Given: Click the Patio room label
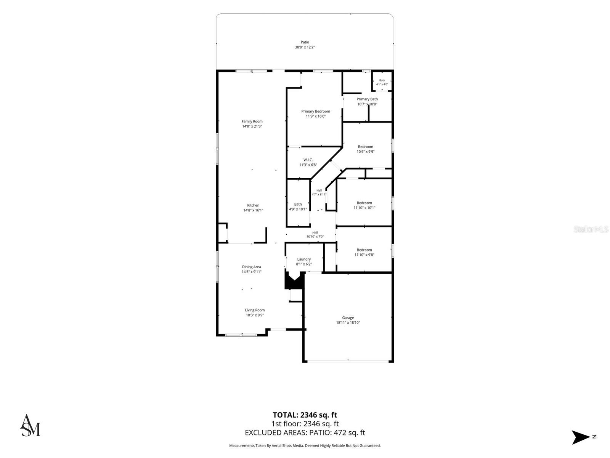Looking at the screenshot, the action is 305,42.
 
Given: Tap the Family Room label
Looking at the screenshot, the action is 252,121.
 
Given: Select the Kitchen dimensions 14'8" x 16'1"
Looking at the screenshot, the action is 253,210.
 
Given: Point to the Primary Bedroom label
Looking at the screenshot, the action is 315,111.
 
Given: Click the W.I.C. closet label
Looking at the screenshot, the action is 308,160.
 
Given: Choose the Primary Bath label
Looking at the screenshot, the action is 367,99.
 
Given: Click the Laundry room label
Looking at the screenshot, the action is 304,259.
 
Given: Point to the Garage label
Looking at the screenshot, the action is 348,318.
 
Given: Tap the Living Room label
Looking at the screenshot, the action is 255,310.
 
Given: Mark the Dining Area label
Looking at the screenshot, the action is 251,267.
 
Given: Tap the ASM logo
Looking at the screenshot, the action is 30,425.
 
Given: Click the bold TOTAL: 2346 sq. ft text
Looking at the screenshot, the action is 305,415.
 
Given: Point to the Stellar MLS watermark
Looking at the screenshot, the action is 591,229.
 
